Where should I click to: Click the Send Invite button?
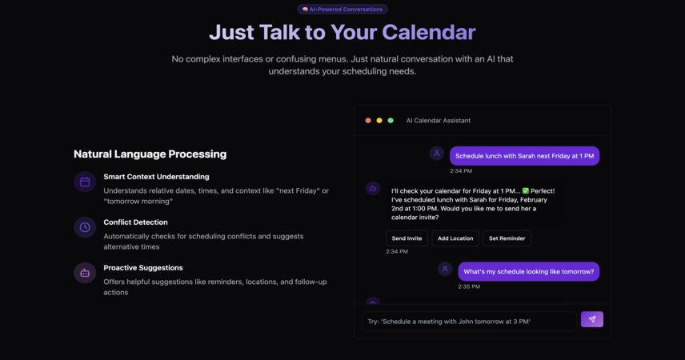click(x=407, y=238)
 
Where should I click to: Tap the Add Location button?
click(x=455, y=238)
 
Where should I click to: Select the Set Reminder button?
click(x=507, y=238)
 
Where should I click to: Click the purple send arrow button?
click(x=592, y=319)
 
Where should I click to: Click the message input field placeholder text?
click(x=449, y=322)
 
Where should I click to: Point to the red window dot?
click(x=368, y=121)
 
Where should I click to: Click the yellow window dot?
click(x=379, y=121)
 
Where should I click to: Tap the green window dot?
click(x=391, y=121)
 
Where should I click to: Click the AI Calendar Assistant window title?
click(x=439, y=121)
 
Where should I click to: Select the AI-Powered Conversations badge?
click(x=342, y=9)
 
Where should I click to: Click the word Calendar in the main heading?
click(x=429, y=32)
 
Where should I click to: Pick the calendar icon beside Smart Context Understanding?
click(x=85, y=182)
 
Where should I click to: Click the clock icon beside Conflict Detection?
click(x=85, y=227)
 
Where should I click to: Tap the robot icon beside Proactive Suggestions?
click(x=85, y=273)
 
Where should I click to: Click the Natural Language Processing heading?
click(x=150, y=154)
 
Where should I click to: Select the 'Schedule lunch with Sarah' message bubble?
click(x=525, y=156)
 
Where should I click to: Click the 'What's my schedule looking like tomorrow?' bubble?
click(x=529, y=272)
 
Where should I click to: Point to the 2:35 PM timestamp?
click(x=469, y=286)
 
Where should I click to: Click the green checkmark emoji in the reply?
click(x=526, y=191)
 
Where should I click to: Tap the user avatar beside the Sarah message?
click(x=436, y=154)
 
